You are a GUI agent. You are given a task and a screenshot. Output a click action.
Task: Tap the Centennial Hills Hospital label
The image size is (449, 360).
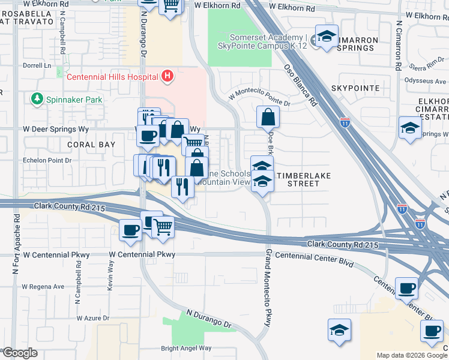(x=112, y=77)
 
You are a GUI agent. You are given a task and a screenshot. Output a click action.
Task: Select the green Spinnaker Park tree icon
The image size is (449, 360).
(x=37, y=98)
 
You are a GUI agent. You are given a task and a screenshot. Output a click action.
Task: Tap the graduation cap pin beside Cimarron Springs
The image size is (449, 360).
(x=327, y=38)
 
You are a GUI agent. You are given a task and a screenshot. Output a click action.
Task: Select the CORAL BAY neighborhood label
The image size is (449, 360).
(x=91, y=145)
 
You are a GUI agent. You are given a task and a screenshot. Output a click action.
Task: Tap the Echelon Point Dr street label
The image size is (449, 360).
(x=47, y=160)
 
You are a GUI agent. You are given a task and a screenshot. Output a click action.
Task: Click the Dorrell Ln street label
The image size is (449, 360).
(x=37, y=65)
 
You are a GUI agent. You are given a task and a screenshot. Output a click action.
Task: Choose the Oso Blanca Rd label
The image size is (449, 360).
(x=300, y=85)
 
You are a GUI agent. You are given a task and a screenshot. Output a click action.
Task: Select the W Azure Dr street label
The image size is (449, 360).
(x=93, y=318)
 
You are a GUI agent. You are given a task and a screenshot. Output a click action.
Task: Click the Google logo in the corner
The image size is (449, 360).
(x=20, y=353)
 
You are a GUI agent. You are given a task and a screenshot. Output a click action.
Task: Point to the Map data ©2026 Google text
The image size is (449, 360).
(x=411, y=355)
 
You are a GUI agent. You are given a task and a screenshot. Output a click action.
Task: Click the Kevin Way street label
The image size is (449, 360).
(x=110, y=275)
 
